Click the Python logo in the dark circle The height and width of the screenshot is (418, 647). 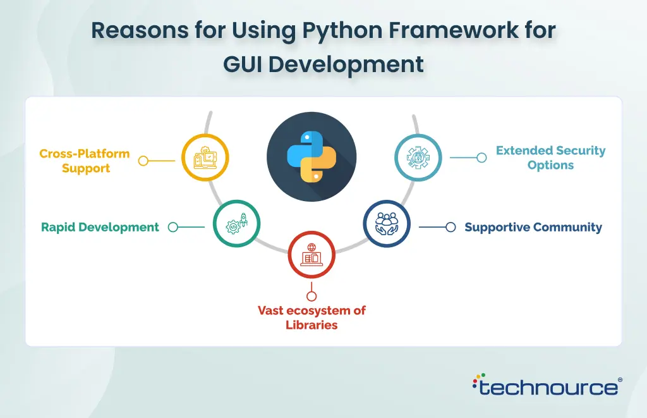[311, 157]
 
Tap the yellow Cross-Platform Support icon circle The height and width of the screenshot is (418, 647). [205, 157]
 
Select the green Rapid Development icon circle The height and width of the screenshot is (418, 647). [236, 223]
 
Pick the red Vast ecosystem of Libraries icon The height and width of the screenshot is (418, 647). [311, 255]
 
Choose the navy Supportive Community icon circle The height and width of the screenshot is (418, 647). [387, 223]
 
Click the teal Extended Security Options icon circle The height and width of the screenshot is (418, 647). [418, 157]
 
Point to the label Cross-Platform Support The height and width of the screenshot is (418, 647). [85, 161]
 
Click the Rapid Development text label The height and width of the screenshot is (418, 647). [100, 227]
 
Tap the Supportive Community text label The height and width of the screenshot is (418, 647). [533, 227]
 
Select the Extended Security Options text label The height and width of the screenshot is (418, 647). [550, 157]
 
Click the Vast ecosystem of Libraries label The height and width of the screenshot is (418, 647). [311, 317]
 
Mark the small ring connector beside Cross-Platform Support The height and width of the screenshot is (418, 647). [143, 161]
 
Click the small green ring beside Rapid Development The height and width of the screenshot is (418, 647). [173, 227]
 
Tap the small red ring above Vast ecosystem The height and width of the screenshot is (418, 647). [311, 296]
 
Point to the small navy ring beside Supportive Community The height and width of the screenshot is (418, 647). [450, 227]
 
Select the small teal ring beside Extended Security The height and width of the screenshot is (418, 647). [481, 157]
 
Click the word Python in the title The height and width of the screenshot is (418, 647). [343, 30]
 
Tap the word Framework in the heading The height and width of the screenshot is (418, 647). [454, 30]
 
